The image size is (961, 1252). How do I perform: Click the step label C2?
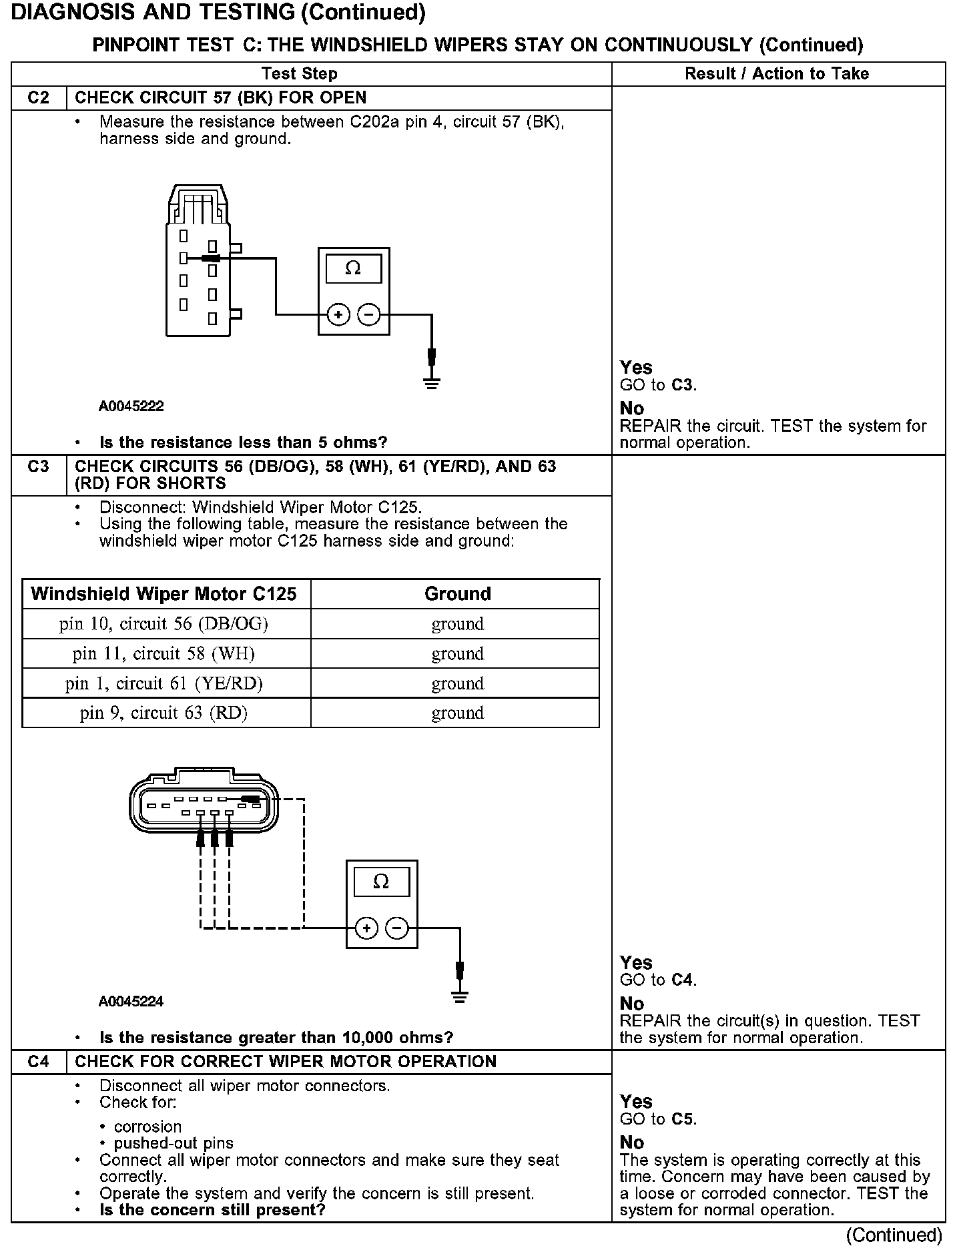point(39,98)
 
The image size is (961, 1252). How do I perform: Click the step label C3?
point(39,466)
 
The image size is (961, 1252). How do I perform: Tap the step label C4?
point(39,1062)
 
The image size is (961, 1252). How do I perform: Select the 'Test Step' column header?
point(300,73)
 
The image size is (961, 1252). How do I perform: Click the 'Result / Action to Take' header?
point(777,73)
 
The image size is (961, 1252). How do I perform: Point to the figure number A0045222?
point(131,406)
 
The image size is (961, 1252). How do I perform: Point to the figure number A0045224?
point(131,1002)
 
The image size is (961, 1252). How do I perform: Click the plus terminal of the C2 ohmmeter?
point(339,314)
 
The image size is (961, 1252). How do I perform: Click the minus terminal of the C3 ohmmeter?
point(397,928)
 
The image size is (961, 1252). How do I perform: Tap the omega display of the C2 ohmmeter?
point(354,268)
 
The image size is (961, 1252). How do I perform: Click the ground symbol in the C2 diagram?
point(432,383)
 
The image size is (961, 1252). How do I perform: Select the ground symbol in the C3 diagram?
point(459,997)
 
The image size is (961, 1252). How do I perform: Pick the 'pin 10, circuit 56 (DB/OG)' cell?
point(164,624)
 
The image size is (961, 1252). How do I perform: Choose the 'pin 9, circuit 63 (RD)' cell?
point(164,713)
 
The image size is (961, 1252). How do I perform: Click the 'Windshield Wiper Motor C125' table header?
point(164,594)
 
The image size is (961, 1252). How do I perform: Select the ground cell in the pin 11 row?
point(457,654)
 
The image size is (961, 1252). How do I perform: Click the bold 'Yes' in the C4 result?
point(636,1102)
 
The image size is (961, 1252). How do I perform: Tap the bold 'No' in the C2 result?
point(632,408)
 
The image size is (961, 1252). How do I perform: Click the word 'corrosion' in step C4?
point(148,1127)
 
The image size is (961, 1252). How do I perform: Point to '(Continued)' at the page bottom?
point(894,1236)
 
